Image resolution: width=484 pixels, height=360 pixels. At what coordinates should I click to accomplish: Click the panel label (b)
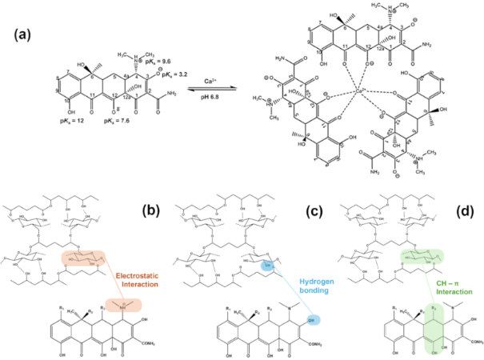(x=151, y=210)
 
